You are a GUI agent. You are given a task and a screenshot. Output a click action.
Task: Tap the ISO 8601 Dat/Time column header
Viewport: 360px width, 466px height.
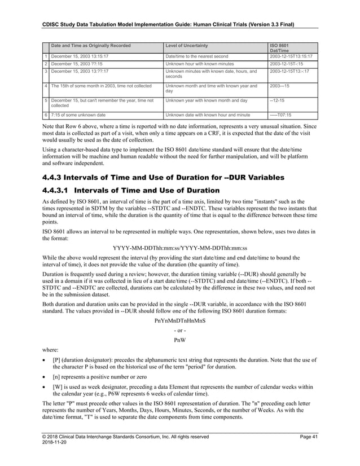[x=281, y=48]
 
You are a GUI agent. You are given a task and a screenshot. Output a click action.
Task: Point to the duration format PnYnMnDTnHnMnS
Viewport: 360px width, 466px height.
[x=180, y=320]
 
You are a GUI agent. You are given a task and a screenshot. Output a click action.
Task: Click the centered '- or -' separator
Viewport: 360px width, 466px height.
[x=180, y=330]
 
